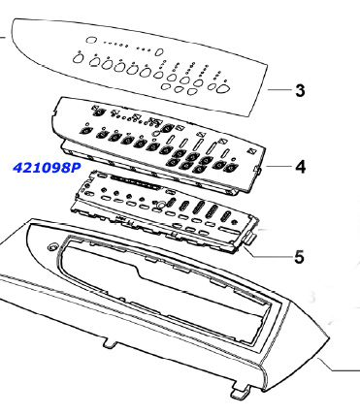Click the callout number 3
[x=300, y=90]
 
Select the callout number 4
[x=301, y=167]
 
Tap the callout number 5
[x=299, y=257]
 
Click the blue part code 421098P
[x=47, y=168]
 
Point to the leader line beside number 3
[x=279, y=89]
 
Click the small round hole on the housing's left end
[x=51, y=247]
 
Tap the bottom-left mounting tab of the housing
[x=111, y=342]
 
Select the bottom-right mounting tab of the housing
[x=241, y=391]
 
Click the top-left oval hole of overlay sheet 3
[x=91, y=40]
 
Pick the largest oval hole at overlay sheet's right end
[x=223, y=88]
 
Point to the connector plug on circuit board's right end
[x=250, y=239]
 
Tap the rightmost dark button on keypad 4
[x=231, y=168]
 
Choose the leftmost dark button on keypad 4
[x=85, y=131]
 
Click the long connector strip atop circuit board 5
[x=135, y=182]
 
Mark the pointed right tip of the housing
[x=329, y=338]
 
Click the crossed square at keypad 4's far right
[x=252, y=151]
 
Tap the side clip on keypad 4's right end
[x=259, y=169]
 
